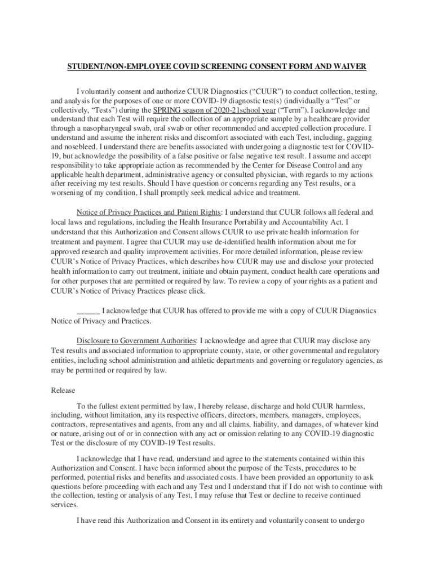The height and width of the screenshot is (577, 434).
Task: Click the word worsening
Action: coord(69,193)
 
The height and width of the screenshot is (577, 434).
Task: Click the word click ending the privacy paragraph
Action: coord(196,291)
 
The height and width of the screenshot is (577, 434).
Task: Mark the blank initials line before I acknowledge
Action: coord(88,310)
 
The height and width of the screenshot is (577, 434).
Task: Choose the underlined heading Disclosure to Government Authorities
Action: coord(136,341)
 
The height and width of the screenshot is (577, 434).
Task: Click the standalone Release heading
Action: coord(63,390)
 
